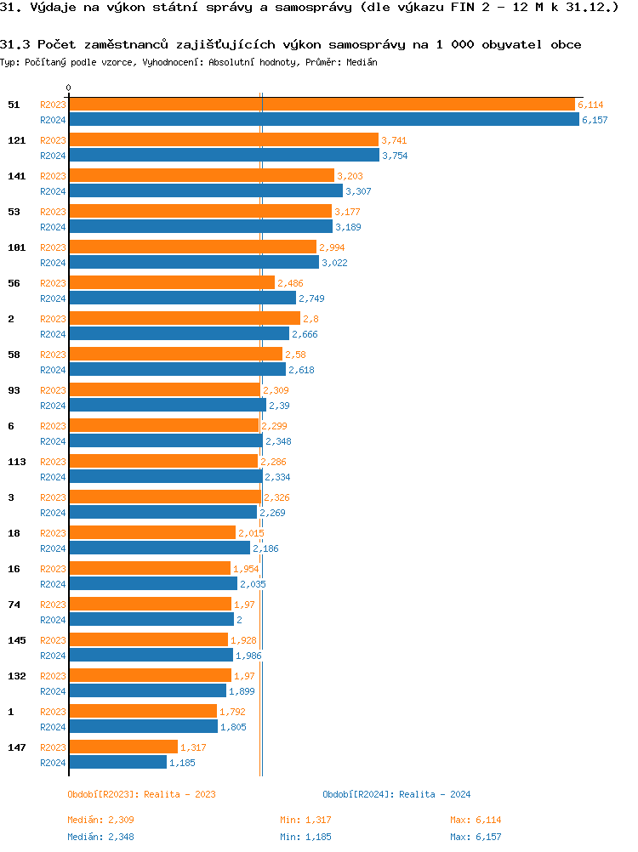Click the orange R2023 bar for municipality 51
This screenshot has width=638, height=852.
(322, 104)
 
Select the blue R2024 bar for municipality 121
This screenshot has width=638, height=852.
(224, 156)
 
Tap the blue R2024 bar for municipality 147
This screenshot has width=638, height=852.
(117, 763)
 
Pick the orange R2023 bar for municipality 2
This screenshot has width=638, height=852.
(185, 318)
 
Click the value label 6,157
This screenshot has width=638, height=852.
(595, 120)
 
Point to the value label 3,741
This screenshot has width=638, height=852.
(395, 140)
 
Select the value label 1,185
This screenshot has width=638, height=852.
(182, 763)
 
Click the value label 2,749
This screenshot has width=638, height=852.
(311, 298)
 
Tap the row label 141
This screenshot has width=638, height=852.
(16, 176)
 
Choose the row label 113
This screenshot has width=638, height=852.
(16, 462)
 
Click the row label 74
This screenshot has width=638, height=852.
(14, 605)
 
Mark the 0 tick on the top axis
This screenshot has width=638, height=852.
(69, 88)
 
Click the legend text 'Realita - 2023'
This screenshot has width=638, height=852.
(179, 794)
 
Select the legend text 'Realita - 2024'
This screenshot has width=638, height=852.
(435, 794)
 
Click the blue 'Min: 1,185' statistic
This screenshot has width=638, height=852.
(305, 837)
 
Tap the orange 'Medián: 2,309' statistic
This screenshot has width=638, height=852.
(100, 820)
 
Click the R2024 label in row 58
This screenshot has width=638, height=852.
(53, 370)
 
